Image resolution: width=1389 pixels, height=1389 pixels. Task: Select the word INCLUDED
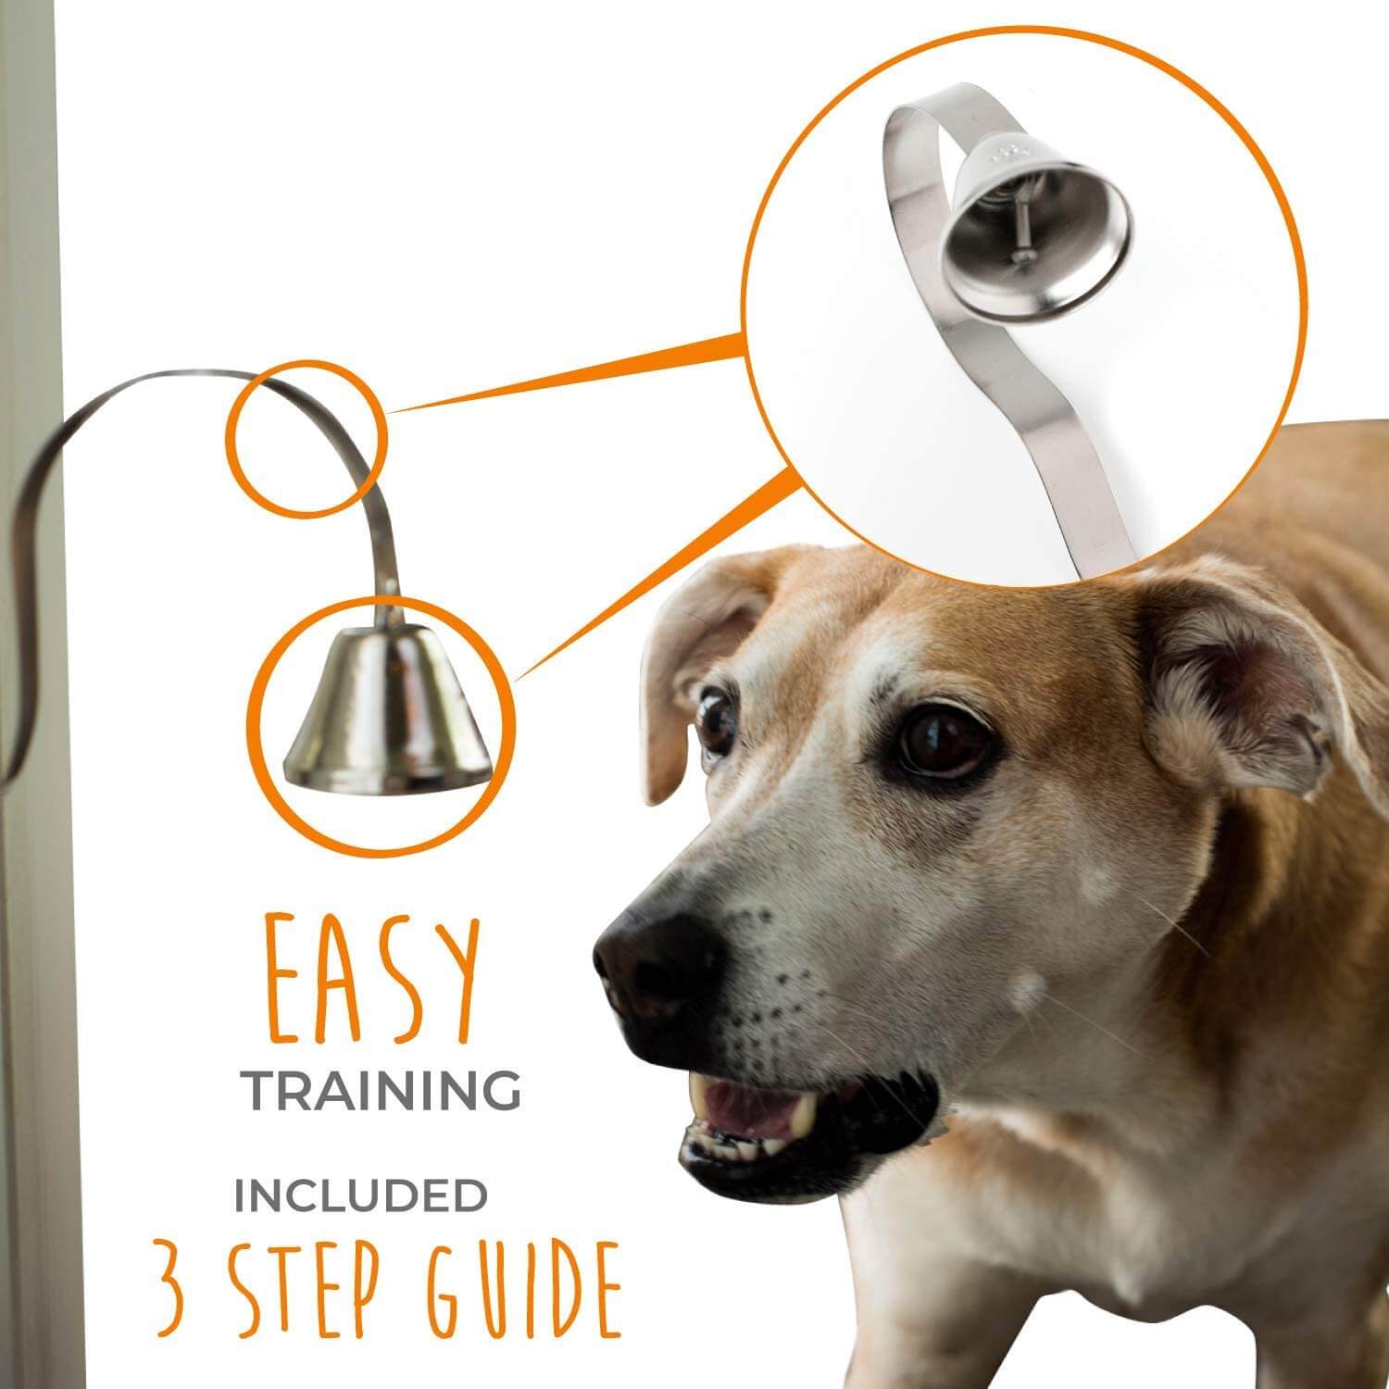click(360, 1196)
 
